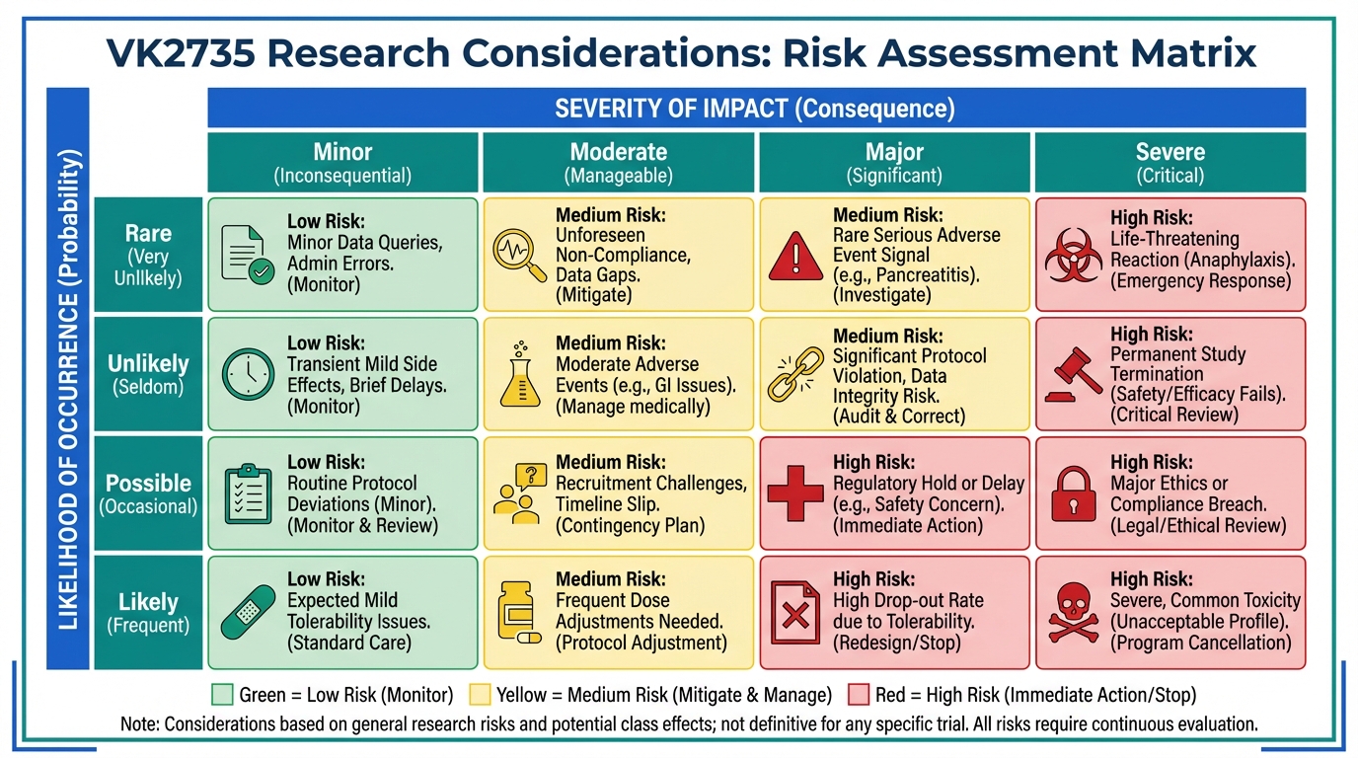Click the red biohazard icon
click(x=1073, y=256)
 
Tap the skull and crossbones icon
click(x=1073, y=613)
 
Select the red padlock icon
click(x=1073, y=494)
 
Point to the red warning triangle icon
click(x=795, y=257)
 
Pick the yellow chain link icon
click(x=795, y=375)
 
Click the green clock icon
click(x=248, y=373)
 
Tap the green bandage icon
click(x=248, y=612)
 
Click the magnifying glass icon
click(x=519, y=256)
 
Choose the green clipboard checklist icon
click(x=248, y=493)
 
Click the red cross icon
click(x=795, y=493)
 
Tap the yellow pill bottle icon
click(x=518, y=613)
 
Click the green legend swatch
click(x=222, y=694)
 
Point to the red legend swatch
click(x=859, y=694)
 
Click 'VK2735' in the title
click(x=181, y=52)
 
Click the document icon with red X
click(x=795, y=613)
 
